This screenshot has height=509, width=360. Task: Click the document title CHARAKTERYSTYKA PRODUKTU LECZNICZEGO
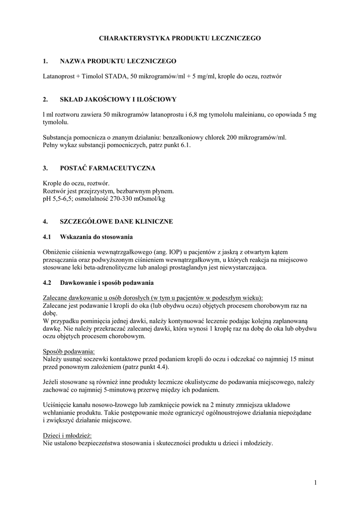[180, 38]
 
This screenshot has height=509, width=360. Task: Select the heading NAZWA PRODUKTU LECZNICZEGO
[118, 61]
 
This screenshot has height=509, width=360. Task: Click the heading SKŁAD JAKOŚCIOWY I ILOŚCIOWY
[118, 99]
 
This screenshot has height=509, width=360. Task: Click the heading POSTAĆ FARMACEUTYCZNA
[107, 168]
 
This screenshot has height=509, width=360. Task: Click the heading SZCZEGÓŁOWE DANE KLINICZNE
[116, 221]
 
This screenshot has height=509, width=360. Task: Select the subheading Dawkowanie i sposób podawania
[107, 283]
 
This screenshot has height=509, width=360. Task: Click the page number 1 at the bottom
[315, 482]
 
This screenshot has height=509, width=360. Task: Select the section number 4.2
[48, 283]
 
